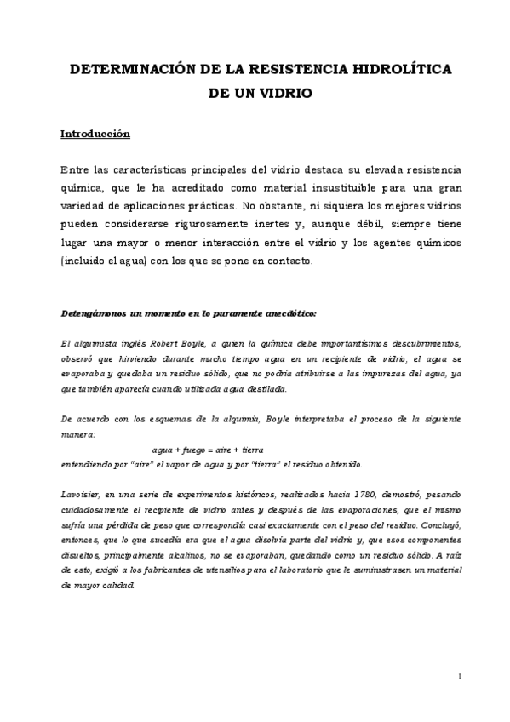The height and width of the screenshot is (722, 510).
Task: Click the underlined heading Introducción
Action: coord(95,134)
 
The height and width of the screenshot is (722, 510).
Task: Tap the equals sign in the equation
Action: coord(212,448)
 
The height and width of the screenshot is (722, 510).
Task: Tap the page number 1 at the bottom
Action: coord(459,677)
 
